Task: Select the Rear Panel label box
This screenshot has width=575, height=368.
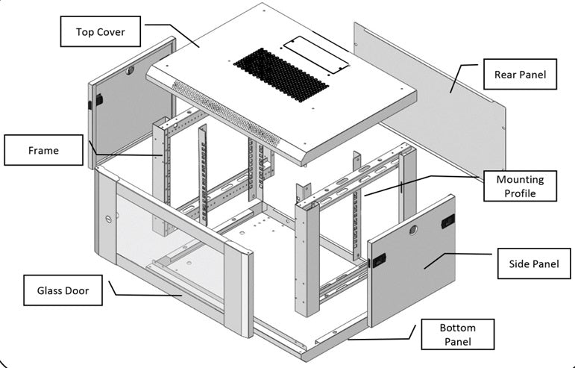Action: [x=520, y=75]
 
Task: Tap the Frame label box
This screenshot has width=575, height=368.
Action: [x=43, y=150]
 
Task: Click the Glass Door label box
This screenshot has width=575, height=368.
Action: [x=63, y=290]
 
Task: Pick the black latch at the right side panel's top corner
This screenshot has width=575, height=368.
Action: [x=448, y=220]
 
